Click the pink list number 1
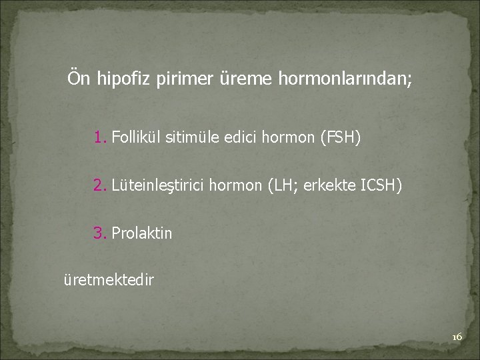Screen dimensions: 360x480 100,138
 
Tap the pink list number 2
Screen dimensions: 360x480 100,185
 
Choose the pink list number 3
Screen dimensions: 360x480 100,233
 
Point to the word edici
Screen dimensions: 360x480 242,138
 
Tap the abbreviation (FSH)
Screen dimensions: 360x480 340,138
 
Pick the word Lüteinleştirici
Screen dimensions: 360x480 159,185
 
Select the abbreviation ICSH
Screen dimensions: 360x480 380,185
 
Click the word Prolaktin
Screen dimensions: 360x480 142,233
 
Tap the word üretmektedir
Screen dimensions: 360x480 108,280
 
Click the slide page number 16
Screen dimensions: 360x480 457,337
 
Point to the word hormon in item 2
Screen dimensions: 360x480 236,185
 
